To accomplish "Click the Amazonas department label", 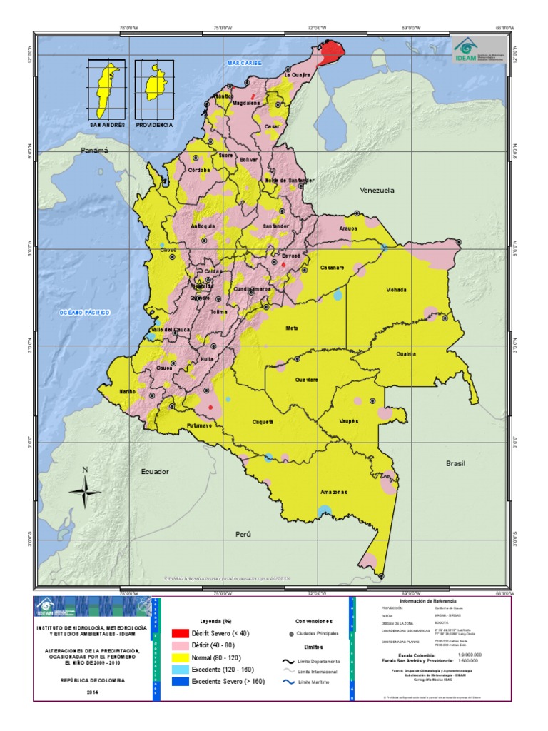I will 334,492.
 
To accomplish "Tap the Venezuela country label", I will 377,191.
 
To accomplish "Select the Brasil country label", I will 455,463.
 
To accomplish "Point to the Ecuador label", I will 155,472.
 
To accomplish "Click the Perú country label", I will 245,533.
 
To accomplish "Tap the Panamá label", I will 94,151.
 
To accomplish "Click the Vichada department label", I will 396,290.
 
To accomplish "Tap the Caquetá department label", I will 263,422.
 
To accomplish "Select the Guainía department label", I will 406,353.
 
